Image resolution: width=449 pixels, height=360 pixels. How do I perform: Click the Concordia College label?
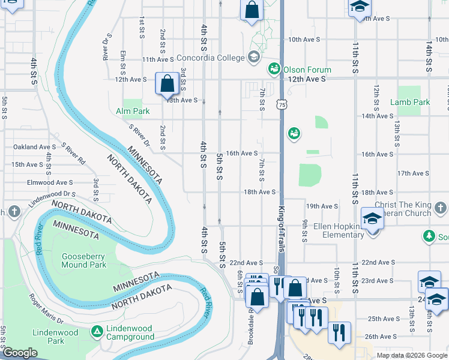[210, 58]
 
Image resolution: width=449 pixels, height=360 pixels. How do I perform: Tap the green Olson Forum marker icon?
[275, 69]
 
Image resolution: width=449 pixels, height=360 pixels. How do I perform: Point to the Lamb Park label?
[410, 102]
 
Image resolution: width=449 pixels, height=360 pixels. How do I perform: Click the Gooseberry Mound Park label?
[83, 260]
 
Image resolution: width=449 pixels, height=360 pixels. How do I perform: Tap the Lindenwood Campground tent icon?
[97, 331]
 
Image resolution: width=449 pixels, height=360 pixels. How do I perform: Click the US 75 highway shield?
[281, 105]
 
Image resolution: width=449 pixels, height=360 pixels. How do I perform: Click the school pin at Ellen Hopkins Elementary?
[372, 219]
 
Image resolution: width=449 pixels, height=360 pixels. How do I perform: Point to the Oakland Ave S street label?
[34, 146]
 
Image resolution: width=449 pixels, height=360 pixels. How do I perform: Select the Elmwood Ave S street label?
[50, 182]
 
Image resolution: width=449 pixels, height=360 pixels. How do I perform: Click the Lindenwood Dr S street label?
[52, 195]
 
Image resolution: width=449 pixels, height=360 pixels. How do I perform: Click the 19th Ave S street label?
[322, 206]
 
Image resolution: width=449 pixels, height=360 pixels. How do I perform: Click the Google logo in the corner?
[19, 353]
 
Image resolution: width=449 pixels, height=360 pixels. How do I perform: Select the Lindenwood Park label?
[55, 337]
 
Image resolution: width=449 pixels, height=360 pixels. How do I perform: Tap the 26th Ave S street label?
[379, 337]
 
